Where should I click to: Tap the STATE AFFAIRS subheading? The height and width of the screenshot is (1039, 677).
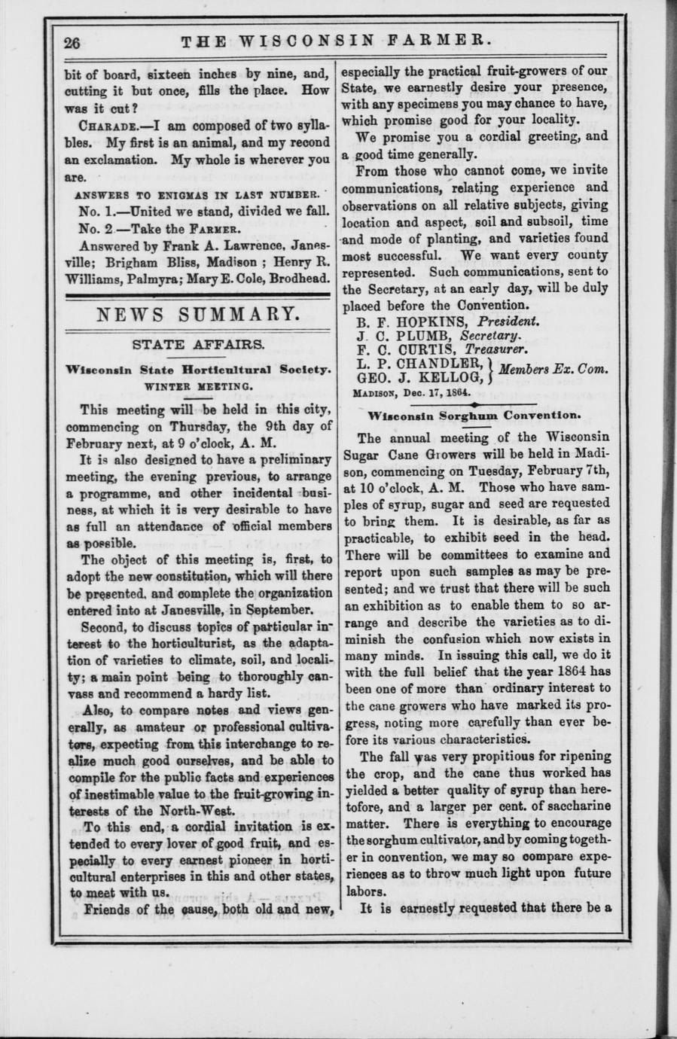(x=198, y=346)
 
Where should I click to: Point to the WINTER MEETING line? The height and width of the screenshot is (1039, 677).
(x=198, y=385)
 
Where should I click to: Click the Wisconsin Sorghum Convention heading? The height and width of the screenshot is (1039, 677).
(x=474, y=415)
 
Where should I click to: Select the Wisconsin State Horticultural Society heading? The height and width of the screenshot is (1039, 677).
(x=198, y=370)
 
